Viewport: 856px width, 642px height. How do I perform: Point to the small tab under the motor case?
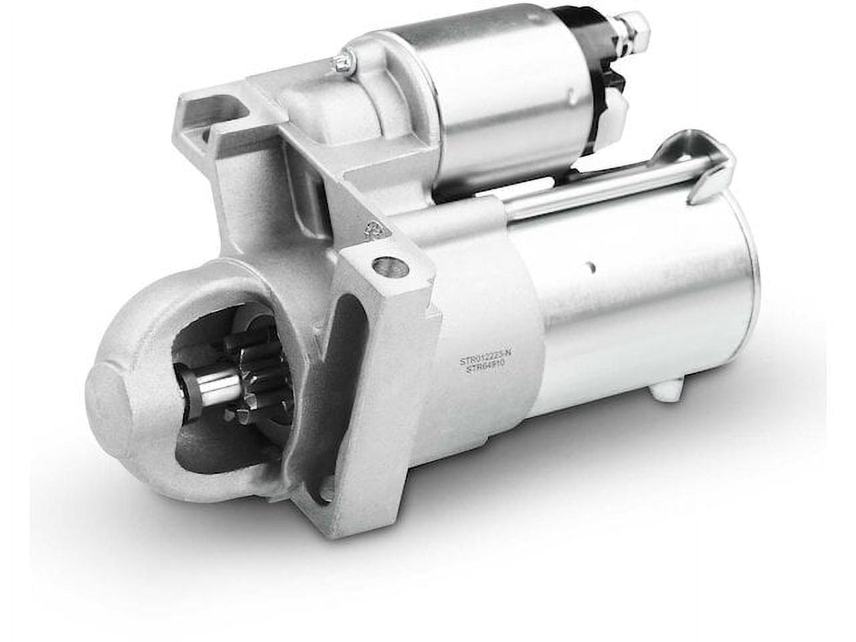669,388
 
